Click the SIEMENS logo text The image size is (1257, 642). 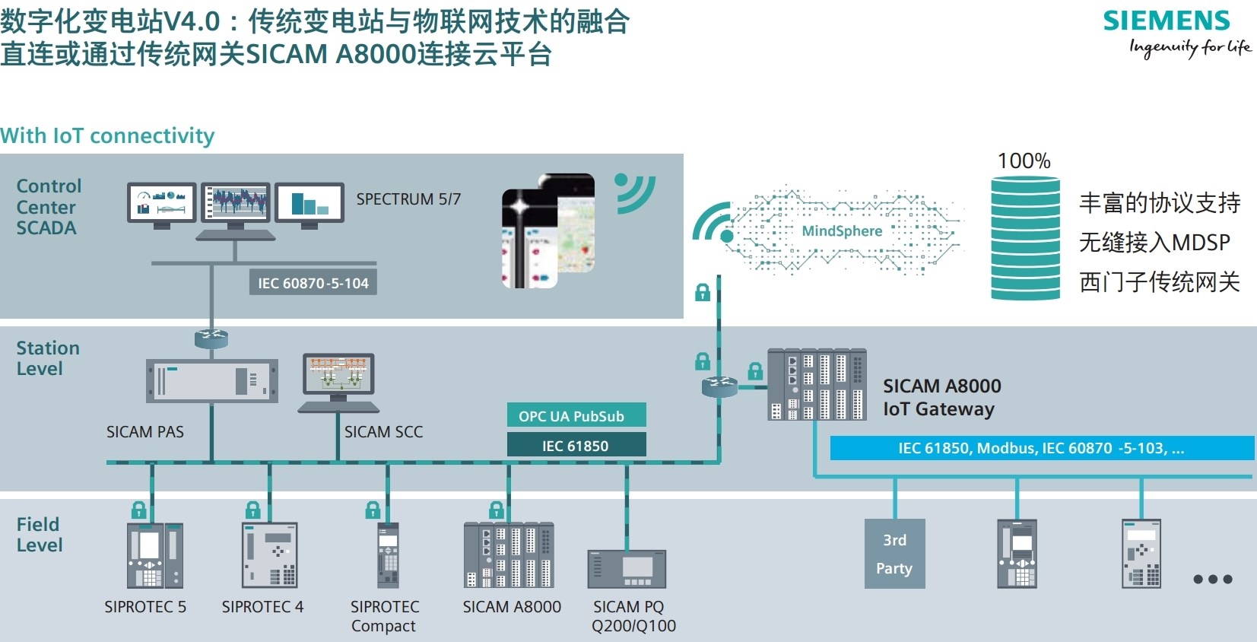pos(1166,21)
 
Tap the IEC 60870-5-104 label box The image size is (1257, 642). pos(313,283)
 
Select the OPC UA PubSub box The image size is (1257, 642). pos(576,415)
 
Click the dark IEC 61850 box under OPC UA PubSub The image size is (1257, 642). pos(576,445)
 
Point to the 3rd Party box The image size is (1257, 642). pos(894,554)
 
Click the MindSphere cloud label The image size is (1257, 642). pos(842,231)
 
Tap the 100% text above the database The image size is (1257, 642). pos(1024,161)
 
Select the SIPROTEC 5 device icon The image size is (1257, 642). pos(154,555)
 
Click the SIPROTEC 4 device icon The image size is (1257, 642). pos(270,555)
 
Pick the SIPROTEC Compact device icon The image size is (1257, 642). pos(388,555)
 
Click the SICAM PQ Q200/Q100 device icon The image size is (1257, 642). pos(627,569)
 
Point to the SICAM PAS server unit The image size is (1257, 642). pos(211,380)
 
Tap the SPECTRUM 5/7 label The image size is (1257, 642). pos(408,199)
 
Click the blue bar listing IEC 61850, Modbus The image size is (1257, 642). pos(1041,448)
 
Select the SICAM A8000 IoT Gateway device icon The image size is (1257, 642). pos(817,385)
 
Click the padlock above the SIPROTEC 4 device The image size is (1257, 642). pos(253,509)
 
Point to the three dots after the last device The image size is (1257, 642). pos(1212,579)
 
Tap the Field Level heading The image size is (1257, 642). pos(40,535)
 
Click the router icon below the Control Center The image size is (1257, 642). pos(211,338)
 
